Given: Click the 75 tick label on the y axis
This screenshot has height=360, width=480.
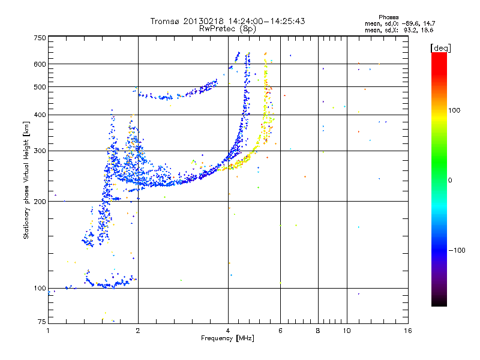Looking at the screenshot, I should click(x=41, y=322).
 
